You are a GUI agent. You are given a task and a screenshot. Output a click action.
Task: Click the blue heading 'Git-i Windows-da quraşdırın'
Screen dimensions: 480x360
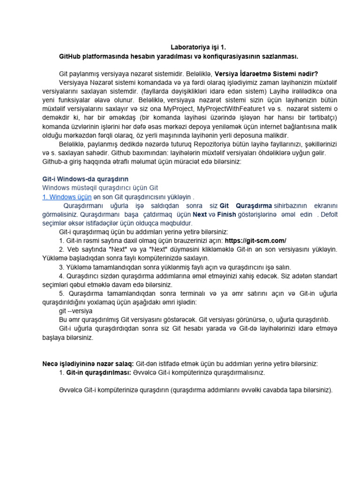(82, 179)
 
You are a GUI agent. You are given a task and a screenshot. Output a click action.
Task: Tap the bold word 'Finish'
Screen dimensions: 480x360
(226, 214)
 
